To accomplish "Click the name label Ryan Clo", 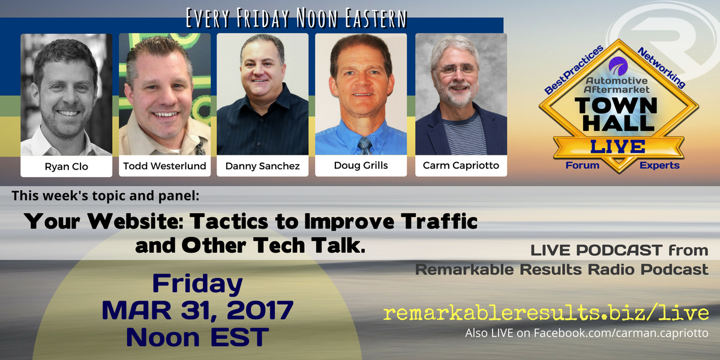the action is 66,167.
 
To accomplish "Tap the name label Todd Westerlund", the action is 164,166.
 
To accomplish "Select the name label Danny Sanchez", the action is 263,166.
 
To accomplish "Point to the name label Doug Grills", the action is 361,165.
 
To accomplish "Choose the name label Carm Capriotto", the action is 461,165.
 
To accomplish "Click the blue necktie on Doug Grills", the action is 365,146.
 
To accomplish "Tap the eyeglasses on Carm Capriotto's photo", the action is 457,70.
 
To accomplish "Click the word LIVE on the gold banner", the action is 618,146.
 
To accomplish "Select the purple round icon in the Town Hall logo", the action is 618,66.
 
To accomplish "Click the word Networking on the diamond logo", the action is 661,67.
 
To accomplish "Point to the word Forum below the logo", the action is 583,165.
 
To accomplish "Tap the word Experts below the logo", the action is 659,165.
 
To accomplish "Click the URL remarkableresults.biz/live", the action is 546,313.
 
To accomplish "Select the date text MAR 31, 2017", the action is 197,310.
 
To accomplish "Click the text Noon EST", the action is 197,337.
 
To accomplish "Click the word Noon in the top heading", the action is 317,19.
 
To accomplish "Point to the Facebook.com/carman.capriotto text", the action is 621,333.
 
